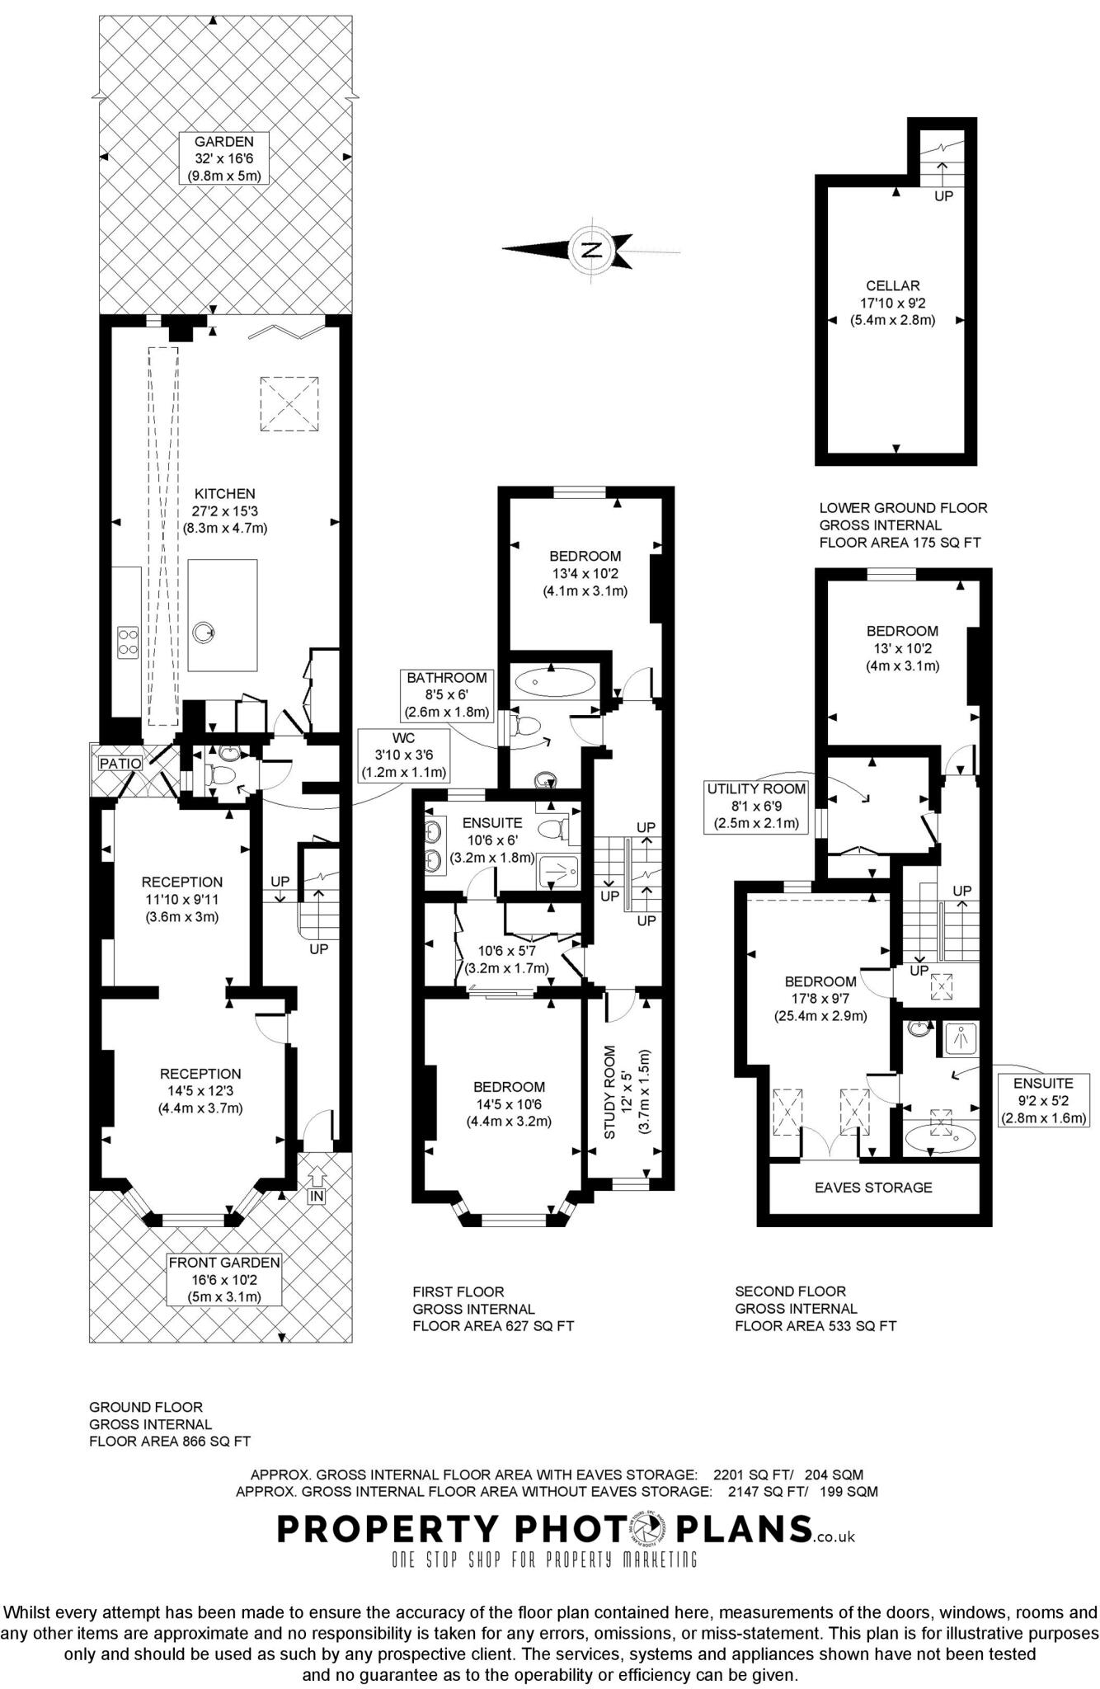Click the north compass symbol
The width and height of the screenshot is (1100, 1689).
click(x=591, y=249)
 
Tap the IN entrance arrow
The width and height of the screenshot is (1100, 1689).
click(x=317, y=1173)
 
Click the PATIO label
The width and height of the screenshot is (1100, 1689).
click(x=120, y=764)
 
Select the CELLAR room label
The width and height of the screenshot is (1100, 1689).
click(x=892, y=285)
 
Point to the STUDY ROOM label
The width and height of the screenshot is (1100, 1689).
click(x=610, y=1093)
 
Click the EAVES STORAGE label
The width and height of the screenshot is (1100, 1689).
click(x=873, y=1188)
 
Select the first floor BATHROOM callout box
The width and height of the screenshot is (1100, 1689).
click(x=447, y=694)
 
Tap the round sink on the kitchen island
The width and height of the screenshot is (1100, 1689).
click(x=203, y=633)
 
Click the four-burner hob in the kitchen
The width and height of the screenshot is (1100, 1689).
click(x=128, y=641)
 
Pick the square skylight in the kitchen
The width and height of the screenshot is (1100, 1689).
click(x=289, y=403)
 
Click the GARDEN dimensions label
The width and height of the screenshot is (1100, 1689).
click(x=224, y=158)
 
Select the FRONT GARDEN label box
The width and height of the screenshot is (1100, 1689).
click(x=224, y=1279)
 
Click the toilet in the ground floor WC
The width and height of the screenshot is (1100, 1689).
click(x=220, y=774)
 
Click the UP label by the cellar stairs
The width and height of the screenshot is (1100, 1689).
click(x=943, y=196)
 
